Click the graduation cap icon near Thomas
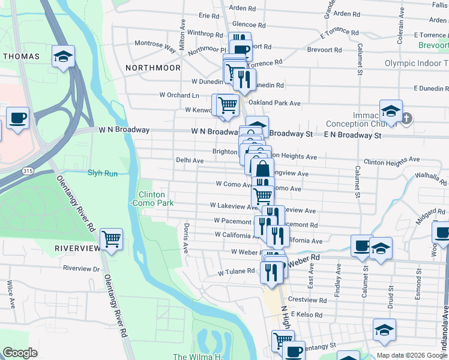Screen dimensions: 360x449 [63, 56]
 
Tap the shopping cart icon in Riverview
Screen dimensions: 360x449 [111, 239]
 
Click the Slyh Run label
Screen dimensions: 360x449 [103, 173]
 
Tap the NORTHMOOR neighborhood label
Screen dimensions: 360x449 [153, 68]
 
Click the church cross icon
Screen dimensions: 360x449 [406, 118]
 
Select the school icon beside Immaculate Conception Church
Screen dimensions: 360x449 [390, 110]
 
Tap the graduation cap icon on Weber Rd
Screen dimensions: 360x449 [381, 248]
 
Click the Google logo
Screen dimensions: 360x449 [20, 352]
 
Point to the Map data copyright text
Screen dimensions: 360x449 [411, 355]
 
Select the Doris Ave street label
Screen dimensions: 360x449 [187, 238]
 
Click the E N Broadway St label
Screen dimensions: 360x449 [352, 136]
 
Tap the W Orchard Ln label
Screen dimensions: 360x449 [179, 95]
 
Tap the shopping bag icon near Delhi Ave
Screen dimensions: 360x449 [262, 169]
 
